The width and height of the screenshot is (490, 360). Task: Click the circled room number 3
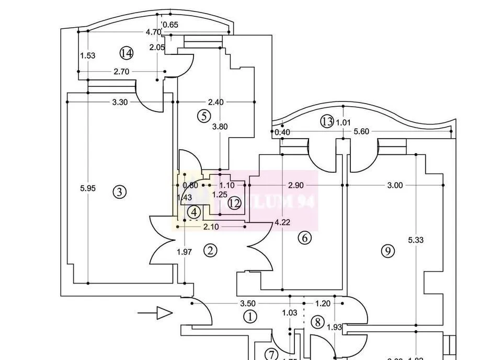click(x=120, y=192)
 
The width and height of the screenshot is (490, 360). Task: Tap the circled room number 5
click(x=204, y=116)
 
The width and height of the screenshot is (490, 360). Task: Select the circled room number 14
click(x=126, y=53)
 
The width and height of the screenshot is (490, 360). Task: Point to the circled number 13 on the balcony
click(x=327, y=122)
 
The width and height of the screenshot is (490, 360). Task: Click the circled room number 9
click(x=388, y=251)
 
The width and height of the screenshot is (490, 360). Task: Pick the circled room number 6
click(x=304, y=238)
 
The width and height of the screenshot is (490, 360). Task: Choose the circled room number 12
click(x=234, y=203)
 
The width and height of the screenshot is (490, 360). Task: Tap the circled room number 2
click(x=210, y=251)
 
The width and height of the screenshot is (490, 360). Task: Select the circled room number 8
click(x=318, y=322)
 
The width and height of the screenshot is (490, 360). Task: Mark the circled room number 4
click(x=195, y=212)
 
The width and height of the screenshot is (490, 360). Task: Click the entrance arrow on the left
click(x=155, y=313)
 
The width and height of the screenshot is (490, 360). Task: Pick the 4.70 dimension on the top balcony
click(x=153, y=32)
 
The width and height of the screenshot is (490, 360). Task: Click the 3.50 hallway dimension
click(x=247, y=303)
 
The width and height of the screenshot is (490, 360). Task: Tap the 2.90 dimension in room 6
click(x=296, y=185)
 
